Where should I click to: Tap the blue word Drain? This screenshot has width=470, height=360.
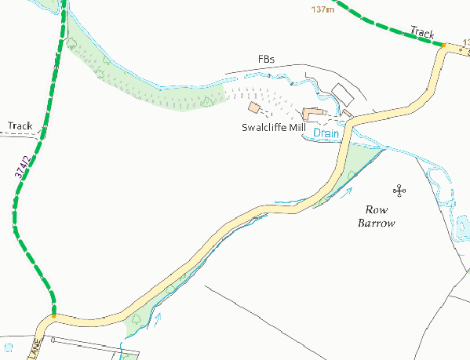[326, 134]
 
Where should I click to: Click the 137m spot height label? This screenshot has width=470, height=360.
[322, 9]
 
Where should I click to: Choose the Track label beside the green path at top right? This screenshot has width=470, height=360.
[422, 33]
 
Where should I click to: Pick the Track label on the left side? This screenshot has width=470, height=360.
[20, 125]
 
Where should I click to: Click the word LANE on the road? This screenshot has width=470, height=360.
[35, 349]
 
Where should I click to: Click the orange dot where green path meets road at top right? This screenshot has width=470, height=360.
[443, 45]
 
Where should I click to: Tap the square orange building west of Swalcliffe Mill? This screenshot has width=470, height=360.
[254, 107]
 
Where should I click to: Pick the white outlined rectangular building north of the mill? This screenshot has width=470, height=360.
[343, 93]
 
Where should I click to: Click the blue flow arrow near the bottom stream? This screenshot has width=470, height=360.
[159, 318]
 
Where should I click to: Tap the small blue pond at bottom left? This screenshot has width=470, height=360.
[9, 346]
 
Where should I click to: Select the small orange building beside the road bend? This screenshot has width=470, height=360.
[347, 113]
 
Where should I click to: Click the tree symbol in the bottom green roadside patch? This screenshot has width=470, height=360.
[138, 319]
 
